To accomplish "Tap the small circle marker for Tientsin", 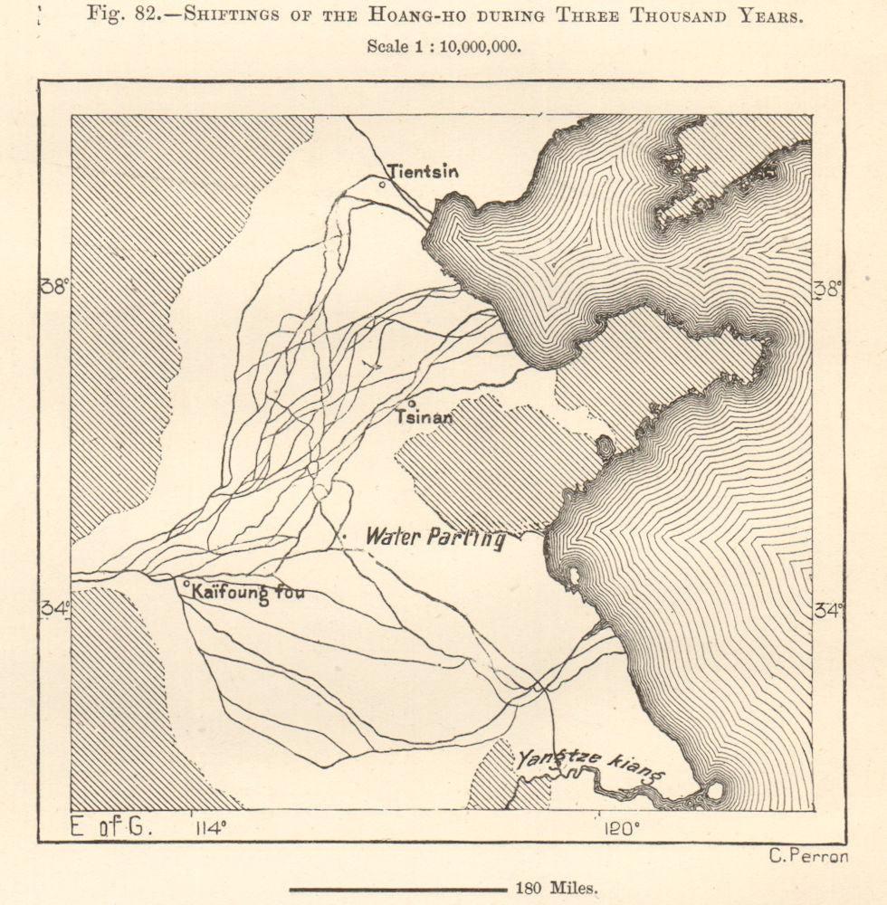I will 382,184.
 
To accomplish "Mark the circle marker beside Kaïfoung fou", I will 186,585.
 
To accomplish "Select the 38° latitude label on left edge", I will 53,286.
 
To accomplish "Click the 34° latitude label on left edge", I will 53,610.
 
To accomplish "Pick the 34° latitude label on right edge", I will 827,610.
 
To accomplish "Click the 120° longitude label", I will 622,826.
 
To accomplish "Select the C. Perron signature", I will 807,857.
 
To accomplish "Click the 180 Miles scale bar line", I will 398,889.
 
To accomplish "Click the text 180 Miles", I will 557,889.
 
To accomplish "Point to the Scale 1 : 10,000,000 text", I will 443,47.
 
